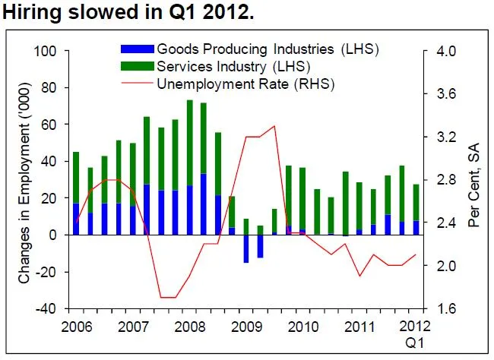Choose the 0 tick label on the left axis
[x=53, y=235]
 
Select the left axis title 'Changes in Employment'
[x=24, y=181]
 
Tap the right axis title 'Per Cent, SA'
[x=473, y=181]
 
